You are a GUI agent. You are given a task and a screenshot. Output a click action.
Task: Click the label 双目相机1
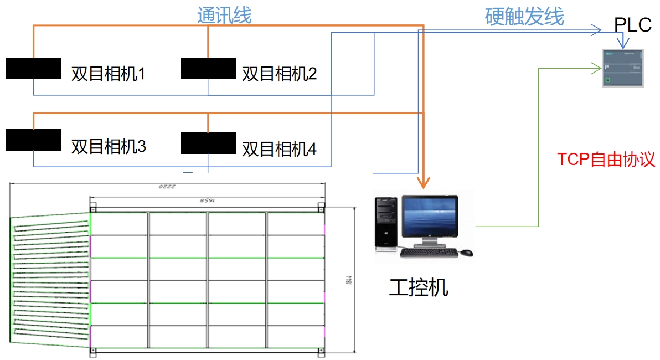click(108, 74)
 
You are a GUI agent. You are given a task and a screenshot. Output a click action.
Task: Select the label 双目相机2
click(279, 74)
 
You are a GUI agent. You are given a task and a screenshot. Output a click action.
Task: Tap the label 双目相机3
click(108, 146)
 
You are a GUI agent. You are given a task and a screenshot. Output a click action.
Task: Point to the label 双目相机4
click(279, 148)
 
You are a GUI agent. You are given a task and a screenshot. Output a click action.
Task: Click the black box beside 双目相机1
click(33, 68)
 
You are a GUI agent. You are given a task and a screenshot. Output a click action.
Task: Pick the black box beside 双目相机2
click(208, 68)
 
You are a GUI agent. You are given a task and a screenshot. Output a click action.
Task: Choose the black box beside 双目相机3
click(33, 140)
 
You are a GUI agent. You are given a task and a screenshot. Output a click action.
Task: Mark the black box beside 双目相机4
click(208, 142)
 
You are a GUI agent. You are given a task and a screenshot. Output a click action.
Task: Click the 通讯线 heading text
click(224, 16)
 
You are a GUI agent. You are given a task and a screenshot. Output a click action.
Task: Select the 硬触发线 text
click(524, 17)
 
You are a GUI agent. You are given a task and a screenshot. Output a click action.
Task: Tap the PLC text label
click(633, 25)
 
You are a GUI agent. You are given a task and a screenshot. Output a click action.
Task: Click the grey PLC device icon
click(623, 68)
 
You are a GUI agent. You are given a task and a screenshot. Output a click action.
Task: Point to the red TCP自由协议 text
click(606, 160)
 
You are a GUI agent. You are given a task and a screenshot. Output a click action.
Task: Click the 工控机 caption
click(418, 287)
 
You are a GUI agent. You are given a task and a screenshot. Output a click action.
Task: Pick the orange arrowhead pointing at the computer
click(424, 182)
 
